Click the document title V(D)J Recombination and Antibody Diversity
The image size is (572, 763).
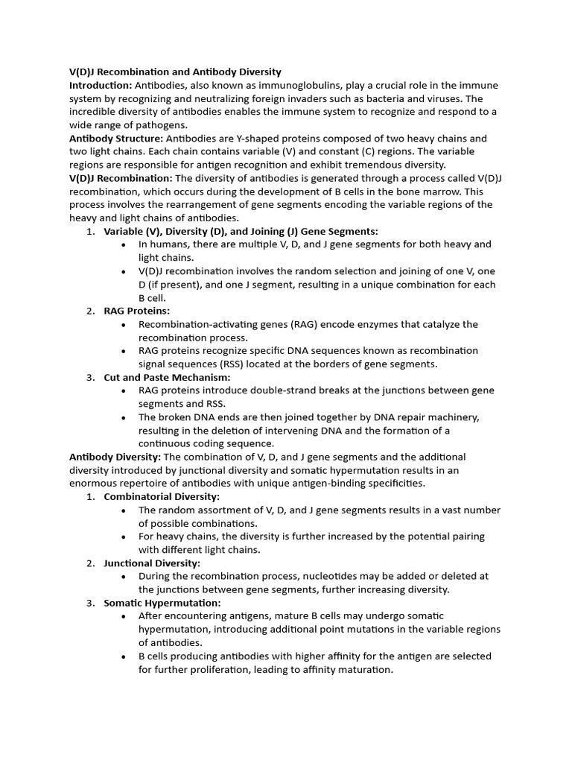pyautogui.click(x=175, y=72)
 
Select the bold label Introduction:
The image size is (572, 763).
pyautogui.click(x=101, y=86)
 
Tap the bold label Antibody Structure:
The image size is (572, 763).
pyautogui.click(x=116, y=139)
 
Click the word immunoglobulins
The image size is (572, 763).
pyautogui.click(x=286, y=86)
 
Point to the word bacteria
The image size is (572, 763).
pyautogui.click(x=401, y=99)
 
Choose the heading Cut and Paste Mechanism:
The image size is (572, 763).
pyautogui.click(x=167, y=377)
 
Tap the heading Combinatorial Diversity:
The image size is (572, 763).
pyautogui.click(x=162, y=496)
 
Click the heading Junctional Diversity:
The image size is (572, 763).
pyautogui.click(x=152, y=563)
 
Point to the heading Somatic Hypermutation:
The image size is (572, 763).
pyautogui.click(x=162, y=602)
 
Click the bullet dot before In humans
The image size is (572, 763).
pyautogui.click(x=123, y=244)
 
